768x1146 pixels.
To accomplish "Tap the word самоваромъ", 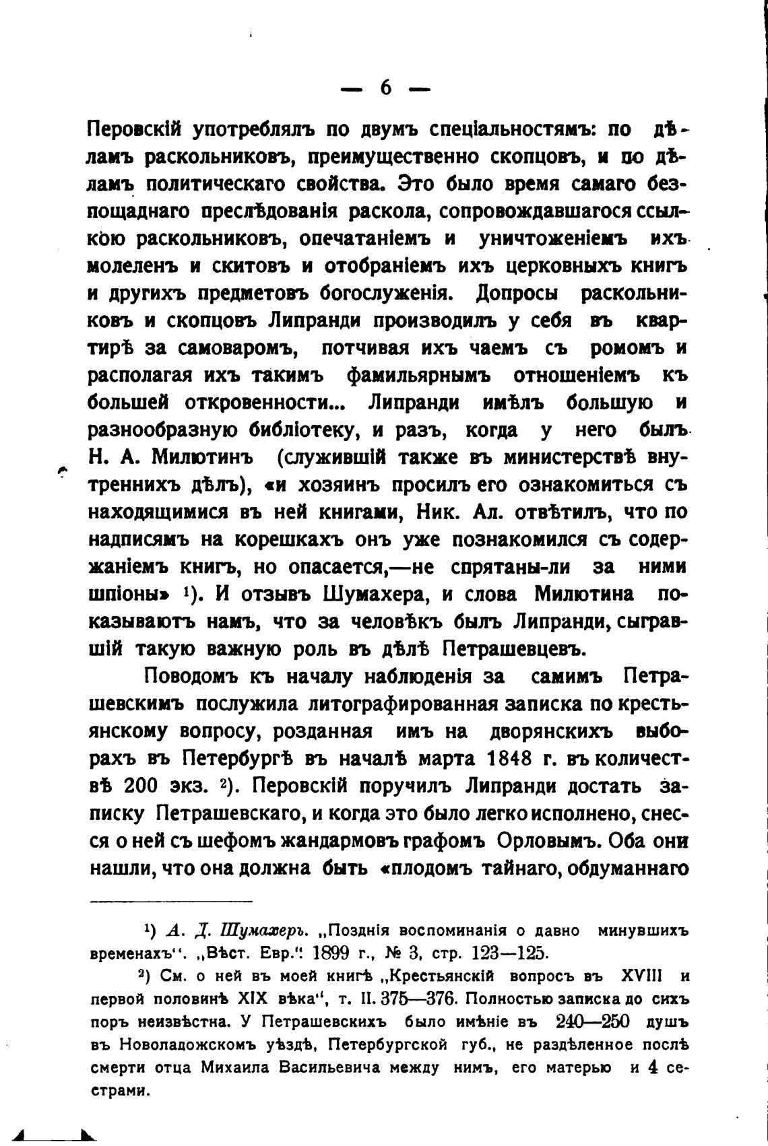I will [x=234, y=349].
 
